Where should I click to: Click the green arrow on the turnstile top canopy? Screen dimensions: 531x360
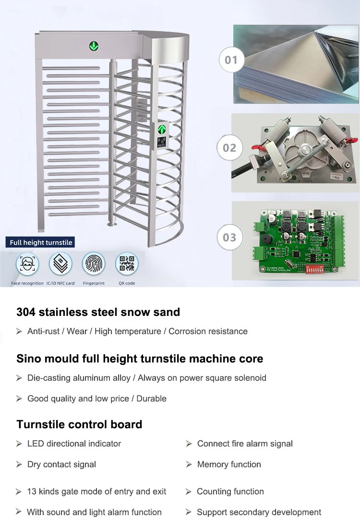93,46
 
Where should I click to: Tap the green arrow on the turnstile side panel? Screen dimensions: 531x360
162,130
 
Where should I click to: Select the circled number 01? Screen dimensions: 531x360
231,60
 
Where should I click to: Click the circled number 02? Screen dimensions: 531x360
229,147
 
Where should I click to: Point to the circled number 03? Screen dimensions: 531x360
229,237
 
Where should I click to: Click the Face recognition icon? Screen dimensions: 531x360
27,264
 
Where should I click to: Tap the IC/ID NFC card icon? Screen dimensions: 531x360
60,264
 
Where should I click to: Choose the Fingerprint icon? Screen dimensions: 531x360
94,264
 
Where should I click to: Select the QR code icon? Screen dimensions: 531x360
127,264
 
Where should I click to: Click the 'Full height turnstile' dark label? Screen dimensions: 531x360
41,242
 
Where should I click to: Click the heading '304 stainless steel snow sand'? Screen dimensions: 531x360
98,312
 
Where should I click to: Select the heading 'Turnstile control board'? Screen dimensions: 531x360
79,424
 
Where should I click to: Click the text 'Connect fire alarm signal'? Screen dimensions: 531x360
245,444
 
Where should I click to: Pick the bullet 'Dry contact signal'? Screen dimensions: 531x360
61,464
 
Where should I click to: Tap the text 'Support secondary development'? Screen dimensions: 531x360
259,512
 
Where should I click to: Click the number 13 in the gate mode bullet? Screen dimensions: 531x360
32,492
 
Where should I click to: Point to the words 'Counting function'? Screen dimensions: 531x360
230,492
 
